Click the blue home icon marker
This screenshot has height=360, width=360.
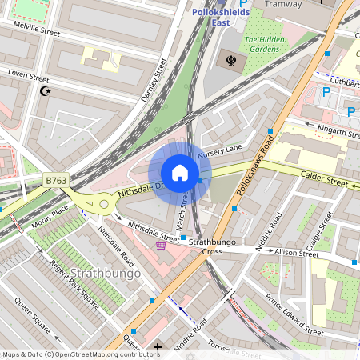pyautogui.click(x=180, y=173)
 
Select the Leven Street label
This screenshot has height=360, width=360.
pyautogui.click(x=23, y=73)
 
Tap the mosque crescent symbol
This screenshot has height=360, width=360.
pyautogui.click(x=44, y=91)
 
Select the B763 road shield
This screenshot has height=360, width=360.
pyautogui.click(x=56, y=182)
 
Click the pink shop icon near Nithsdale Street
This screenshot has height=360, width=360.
pyautogui.click(x=161, y=246)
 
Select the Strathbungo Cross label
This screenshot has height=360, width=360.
pyautogui.click(x=211, y=246)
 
